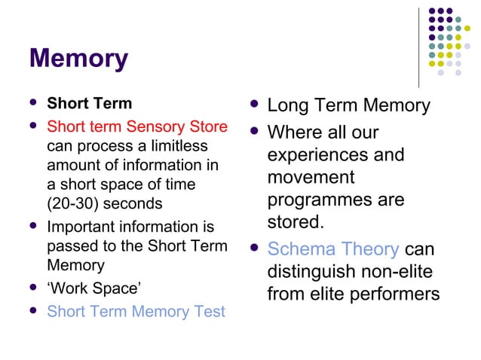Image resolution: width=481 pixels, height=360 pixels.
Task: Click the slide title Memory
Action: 78,58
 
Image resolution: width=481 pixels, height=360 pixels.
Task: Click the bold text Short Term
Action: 89,104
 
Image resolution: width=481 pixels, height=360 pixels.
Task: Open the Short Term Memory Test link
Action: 136,311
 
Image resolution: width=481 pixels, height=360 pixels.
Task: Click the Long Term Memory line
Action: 348,105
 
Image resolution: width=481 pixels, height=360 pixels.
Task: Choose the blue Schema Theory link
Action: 333,249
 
